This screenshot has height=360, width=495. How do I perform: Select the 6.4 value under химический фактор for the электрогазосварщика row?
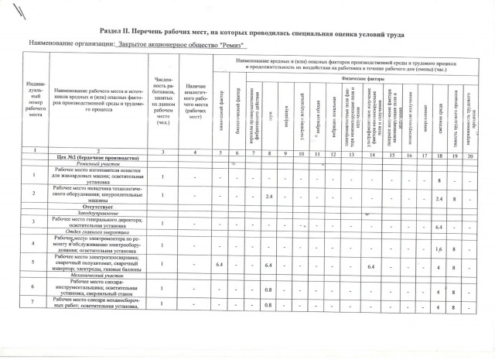click(x=219, y=266)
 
